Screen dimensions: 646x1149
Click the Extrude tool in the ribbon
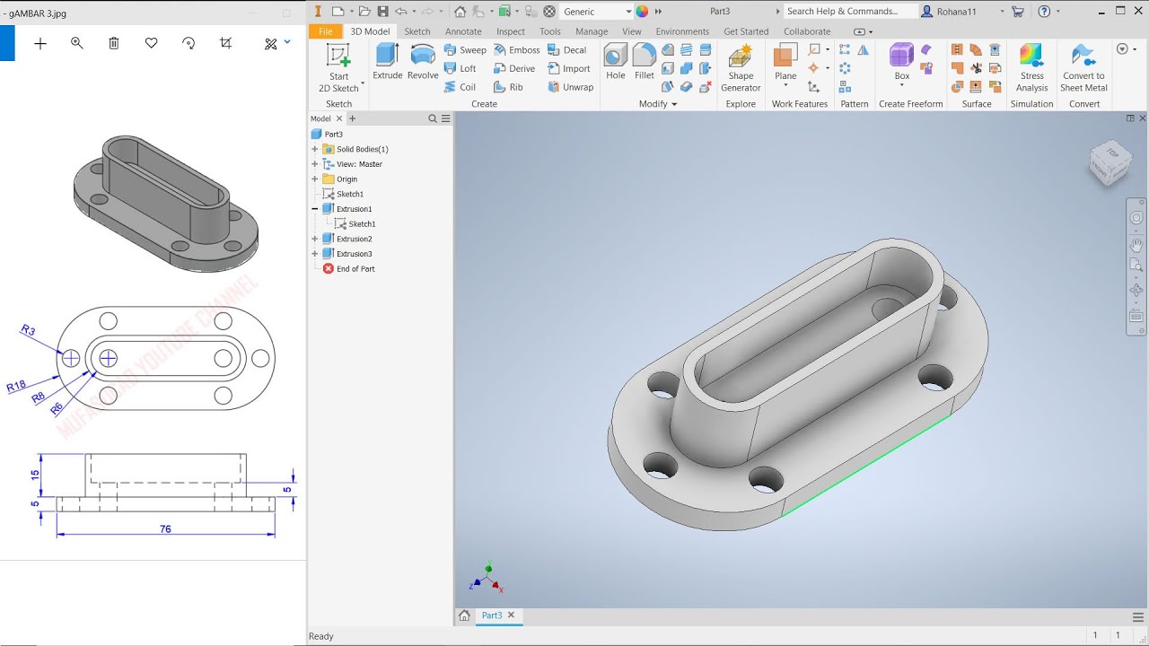tap(388, 61)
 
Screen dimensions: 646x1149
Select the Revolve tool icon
tap(423, 61)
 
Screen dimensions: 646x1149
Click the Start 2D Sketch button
tap(338, 67)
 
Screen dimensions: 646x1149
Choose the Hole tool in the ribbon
tap(615, 61)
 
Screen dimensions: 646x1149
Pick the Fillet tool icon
tap(644, 61)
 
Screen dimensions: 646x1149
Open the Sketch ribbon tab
tap(417, 31)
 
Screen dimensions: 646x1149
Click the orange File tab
tap(325, 31)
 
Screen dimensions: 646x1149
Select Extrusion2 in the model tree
tap(354, 239)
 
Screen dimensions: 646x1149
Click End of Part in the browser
tap(355, 269)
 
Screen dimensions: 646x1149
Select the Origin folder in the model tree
tap(346, 179)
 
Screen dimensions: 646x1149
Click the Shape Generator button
tap(741, 67)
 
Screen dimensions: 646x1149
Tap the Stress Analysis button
tap(1031, 67)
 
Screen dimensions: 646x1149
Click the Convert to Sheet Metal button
tap(1083, 67)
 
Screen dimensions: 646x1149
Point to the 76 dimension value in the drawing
tap(165, 529)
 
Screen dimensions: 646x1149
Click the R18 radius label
tap(15, 387)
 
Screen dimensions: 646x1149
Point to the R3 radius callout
tap(28, 331)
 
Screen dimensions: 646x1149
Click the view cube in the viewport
tap(1110, 162)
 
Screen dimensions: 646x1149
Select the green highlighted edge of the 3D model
tap(866, 464)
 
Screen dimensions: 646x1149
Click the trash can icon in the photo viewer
tap(114, 43)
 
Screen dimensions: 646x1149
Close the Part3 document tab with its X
tap(512, 615)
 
